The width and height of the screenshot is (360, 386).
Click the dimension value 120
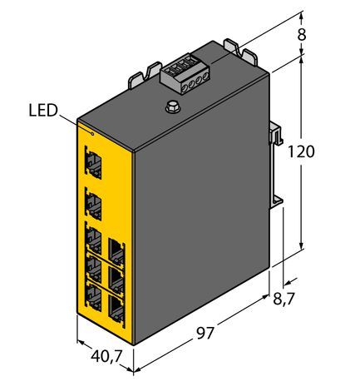tap(301, 153)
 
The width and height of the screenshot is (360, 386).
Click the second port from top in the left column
tap(93, 200)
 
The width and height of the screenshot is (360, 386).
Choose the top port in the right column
tap(115, 249)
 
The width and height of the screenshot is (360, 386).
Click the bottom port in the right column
tap(115, 308)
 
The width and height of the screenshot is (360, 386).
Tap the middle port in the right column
tap(115, 279)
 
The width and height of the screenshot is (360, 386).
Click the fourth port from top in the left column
tap(93, 268)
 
